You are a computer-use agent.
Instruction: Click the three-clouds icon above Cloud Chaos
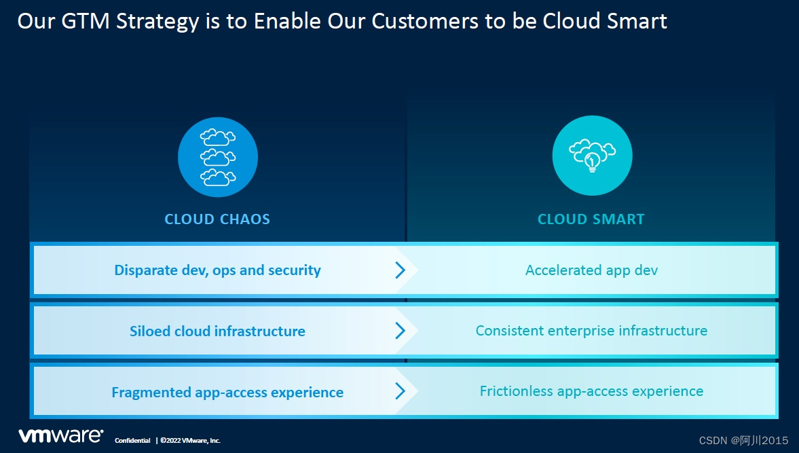coord(218,157)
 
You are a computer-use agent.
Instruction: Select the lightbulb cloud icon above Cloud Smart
coord(592,156)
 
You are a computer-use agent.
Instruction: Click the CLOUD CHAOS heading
coord(217,219)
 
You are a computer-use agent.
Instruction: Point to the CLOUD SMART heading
coord(591,219)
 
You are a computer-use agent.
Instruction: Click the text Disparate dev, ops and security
coord(218,270)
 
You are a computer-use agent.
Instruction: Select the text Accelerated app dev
coord(591,270)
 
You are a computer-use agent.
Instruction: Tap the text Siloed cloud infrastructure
coord(218,331)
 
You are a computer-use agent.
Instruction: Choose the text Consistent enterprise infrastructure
coord(591,331)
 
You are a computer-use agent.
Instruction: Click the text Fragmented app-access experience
coord(227,393)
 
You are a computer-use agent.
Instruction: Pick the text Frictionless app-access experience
coord(591,391)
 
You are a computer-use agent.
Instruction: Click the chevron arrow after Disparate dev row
coord(401,270)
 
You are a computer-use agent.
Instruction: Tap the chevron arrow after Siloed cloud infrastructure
coord(401,331)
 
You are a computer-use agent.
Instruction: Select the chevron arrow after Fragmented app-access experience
coord(401,391)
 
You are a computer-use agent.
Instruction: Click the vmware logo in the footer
coord(60,436)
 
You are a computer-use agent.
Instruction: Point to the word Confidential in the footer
coord(132,441)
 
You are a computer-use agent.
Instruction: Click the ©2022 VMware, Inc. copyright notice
coord(191,441)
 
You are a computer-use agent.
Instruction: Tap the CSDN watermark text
coord(743,441)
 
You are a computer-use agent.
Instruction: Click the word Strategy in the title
coord(157,22)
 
